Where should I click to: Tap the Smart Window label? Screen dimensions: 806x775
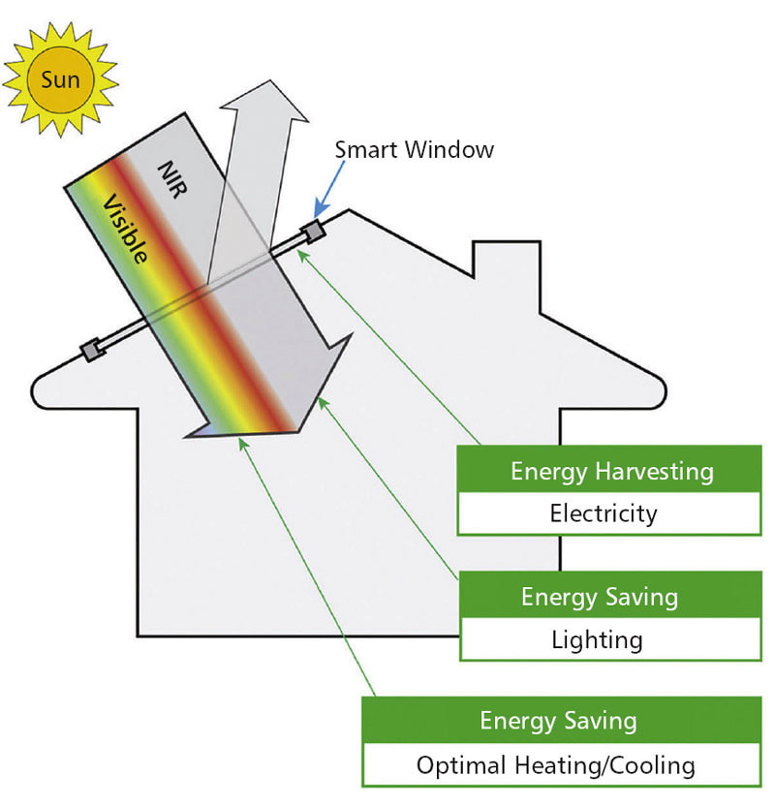pos(415,150)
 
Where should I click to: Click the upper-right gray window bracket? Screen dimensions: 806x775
pos(311,232)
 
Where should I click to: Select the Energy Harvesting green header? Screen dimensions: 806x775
pos(612,472)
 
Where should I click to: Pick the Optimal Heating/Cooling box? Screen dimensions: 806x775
pos(556,765)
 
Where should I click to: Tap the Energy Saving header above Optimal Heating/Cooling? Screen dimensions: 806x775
pos(556,721)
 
